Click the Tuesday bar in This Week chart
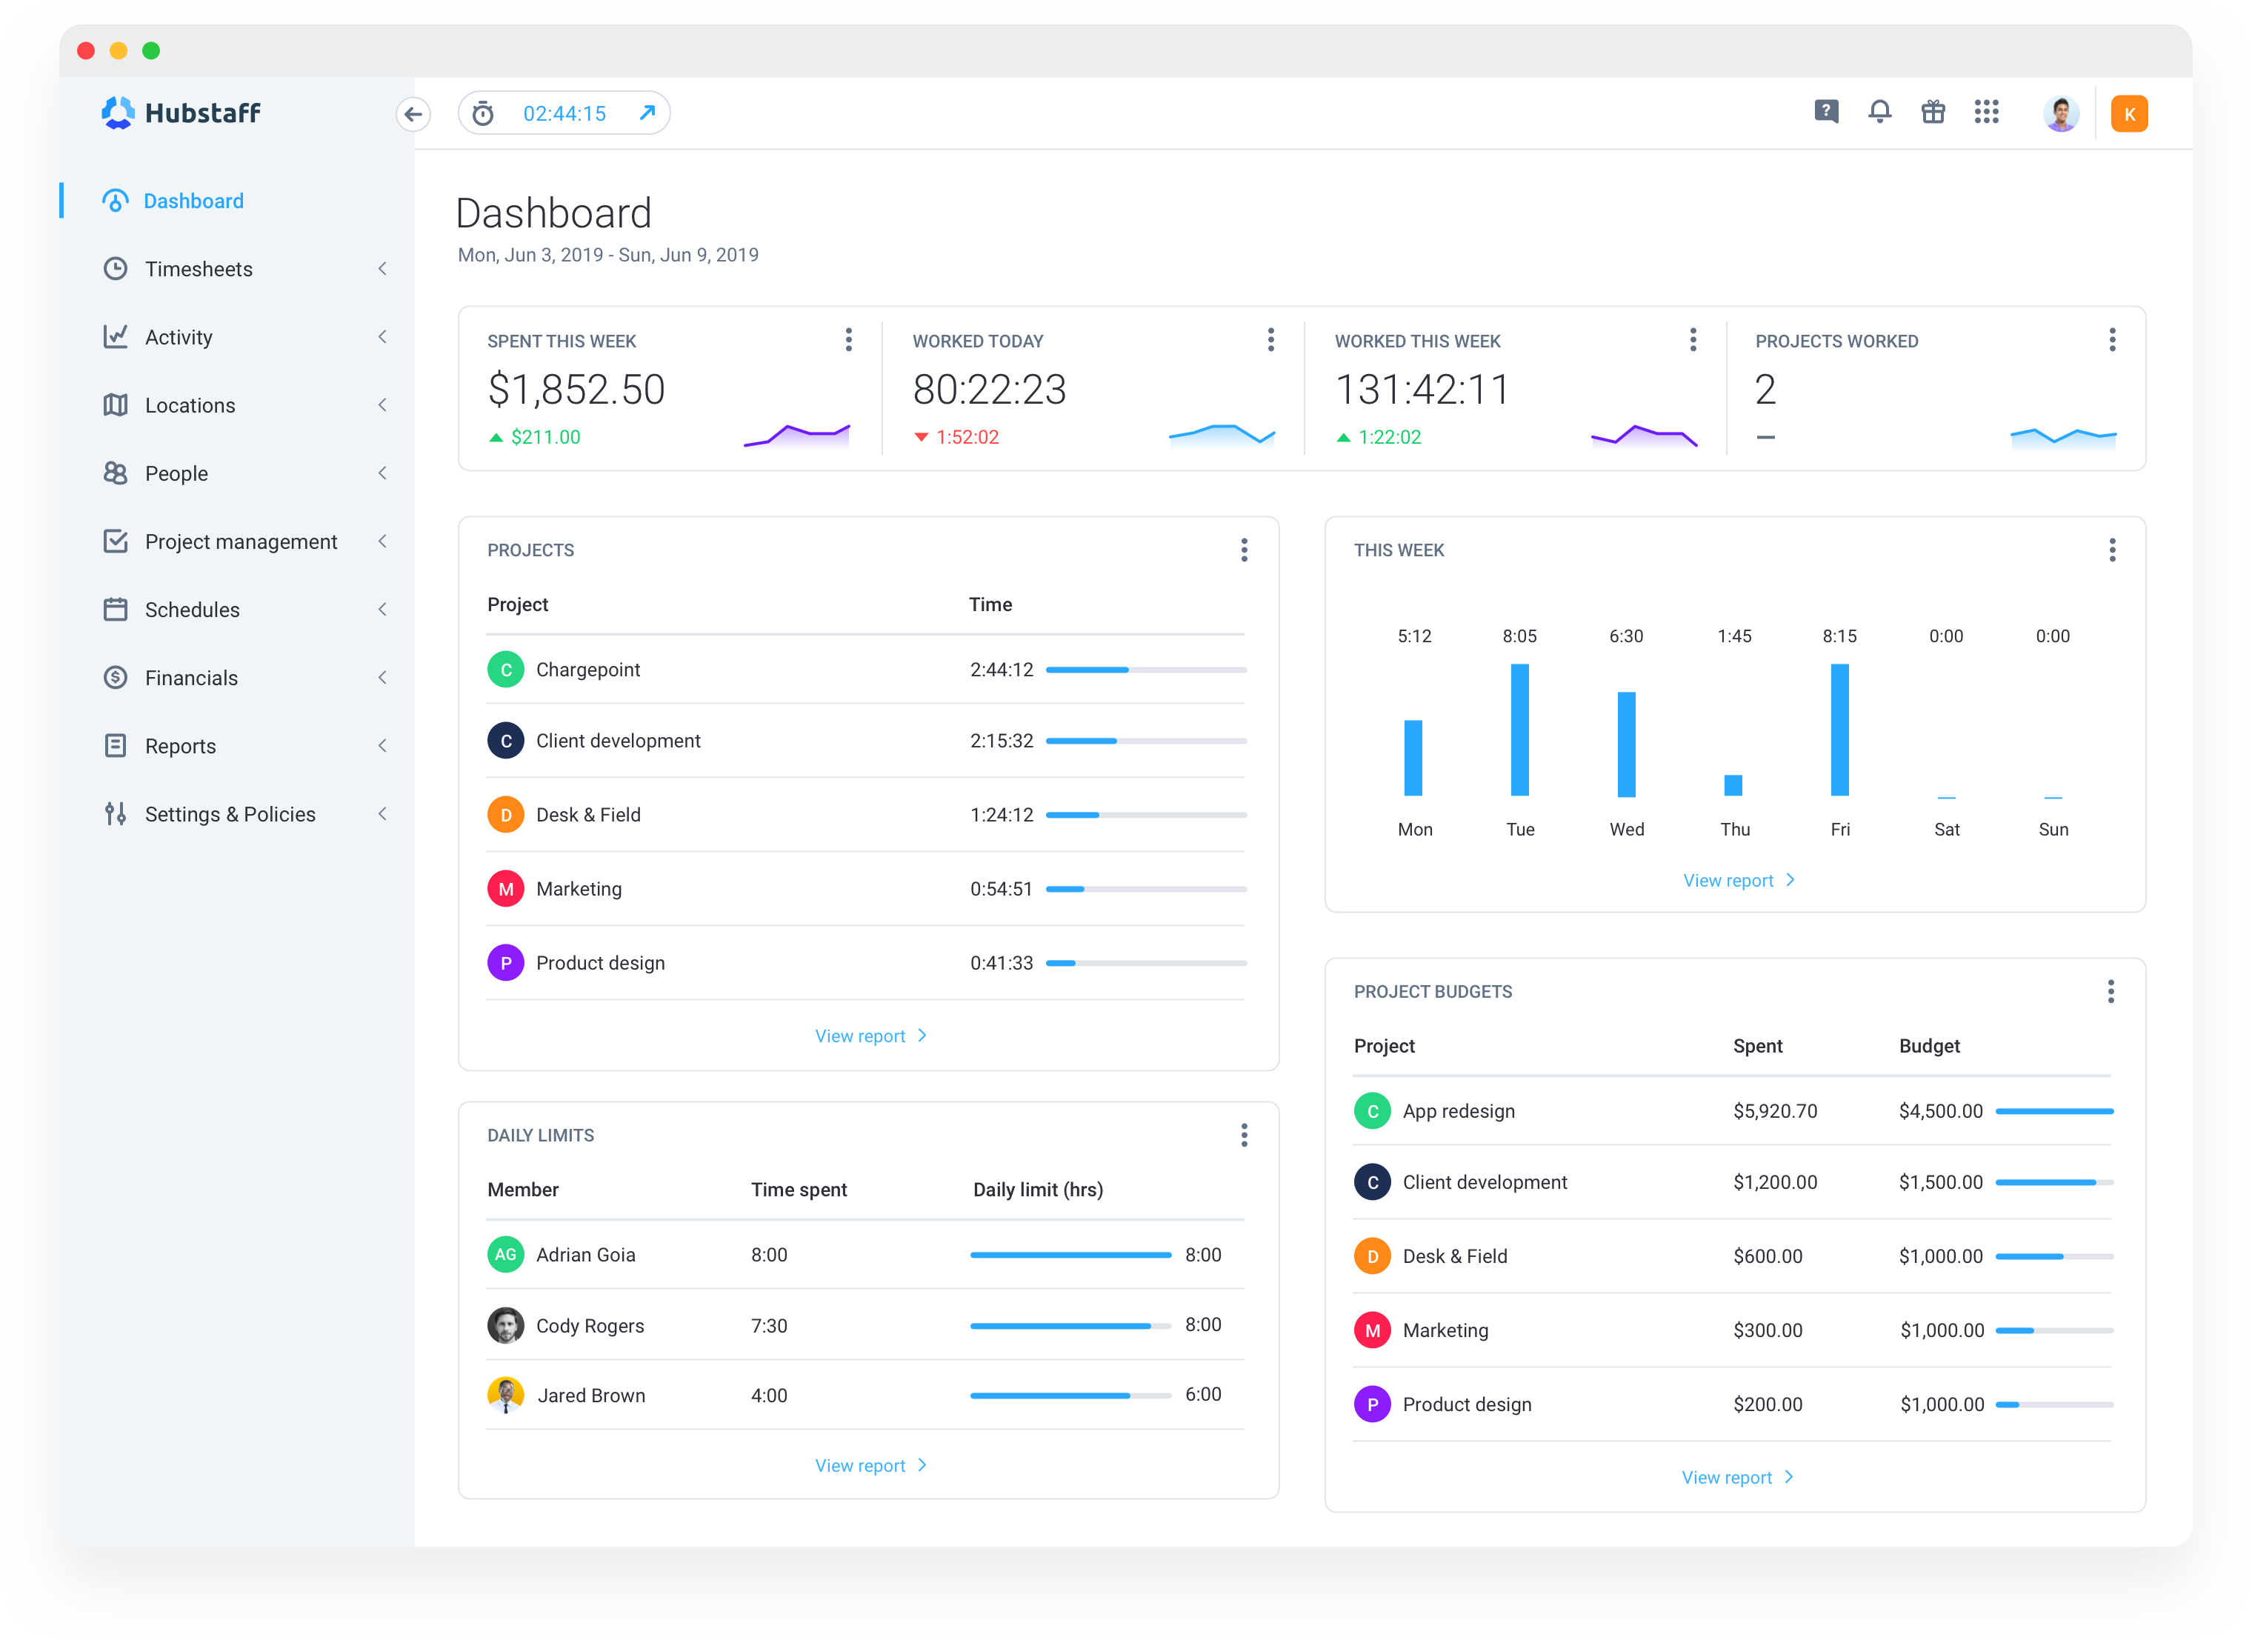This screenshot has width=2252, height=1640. pos(1519,730)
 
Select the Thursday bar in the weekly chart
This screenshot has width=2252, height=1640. pos(1733,784)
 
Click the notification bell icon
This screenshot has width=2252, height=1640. pos(1879,112)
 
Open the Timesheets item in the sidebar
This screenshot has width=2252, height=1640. pos(199,269)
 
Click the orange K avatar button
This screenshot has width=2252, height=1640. pos(2129,114)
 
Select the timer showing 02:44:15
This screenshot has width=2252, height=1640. pos(564,114)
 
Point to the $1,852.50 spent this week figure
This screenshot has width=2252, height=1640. pos(576,389)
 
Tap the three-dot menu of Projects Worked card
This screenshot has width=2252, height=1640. pos(2112,341)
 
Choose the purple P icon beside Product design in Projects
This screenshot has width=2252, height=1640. pos(505,963)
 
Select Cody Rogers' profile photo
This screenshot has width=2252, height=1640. pos(505,1325)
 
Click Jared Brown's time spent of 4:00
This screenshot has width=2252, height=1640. pos(768,1396)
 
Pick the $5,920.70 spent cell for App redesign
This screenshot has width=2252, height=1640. pos(1774,1111)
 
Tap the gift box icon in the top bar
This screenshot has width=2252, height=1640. pos(1932,112)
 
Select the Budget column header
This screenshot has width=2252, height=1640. pos(1928,1047)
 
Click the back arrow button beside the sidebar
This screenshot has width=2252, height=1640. pos(413,114)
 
